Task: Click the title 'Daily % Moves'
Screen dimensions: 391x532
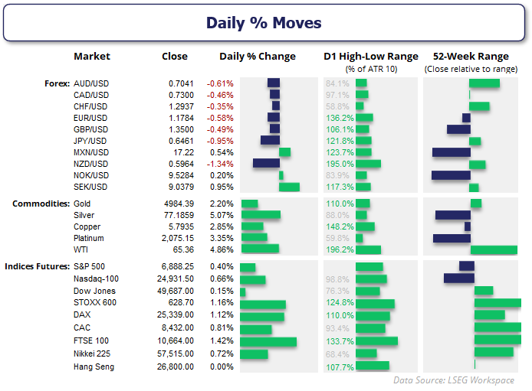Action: (264, 23)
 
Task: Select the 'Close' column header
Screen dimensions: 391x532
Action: (175, 56)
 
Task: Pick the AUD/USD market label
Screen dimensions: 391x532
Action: (90, 83)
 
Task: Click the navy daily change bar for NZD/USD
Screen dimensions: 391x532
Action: (266, 164)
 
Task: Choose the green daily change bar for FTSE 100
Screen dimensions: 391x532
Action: (268, 341)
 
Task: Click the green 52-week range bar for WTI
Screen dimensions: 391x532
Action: (494, 249)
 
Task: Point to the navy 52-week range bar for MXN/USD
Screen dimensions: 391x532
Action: (451, 152)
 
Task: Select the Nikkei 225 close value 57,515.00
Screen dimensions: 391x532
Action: (179, 354)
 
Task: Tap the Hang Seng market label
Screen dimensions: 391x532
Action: (94, 366)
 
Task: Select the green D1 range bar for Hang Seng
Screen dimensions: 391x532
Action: (373, 366)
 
